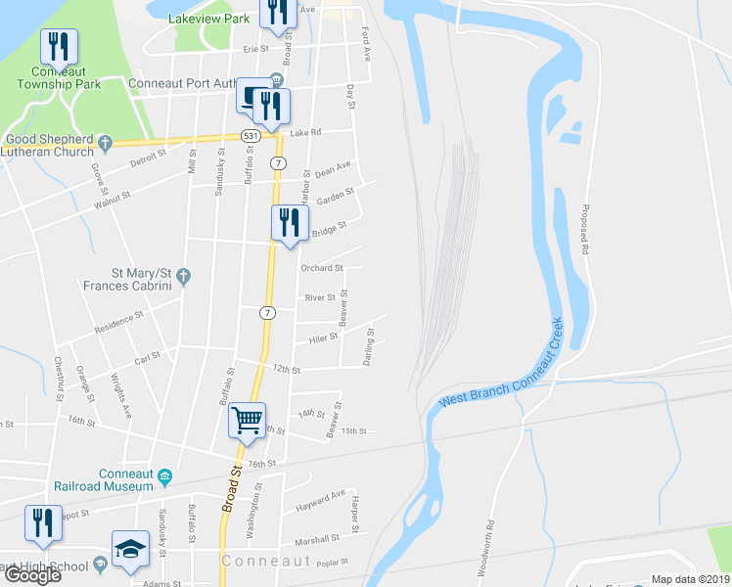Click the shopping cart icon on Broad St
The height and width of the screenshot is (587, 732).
pos(248,420)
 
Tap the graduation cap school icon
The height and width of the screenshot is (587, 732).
pos(130,550)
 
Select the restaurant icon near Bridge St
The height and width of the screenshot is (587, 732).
pos(290,222)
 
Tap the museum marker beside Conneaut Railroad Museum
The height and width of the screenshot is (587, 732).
pos(165,476)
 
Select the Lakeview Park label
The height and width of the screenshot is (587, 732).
pos(208,18)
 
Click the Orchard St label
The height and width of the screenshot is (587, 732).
pos(322,267)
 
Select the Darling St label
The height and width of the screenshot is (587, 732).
pos(369,347)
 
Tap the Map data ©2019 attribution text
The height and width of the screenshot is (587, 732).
pos(691,579)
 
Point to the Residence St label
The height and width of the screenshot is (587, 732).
pos(119,323)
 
